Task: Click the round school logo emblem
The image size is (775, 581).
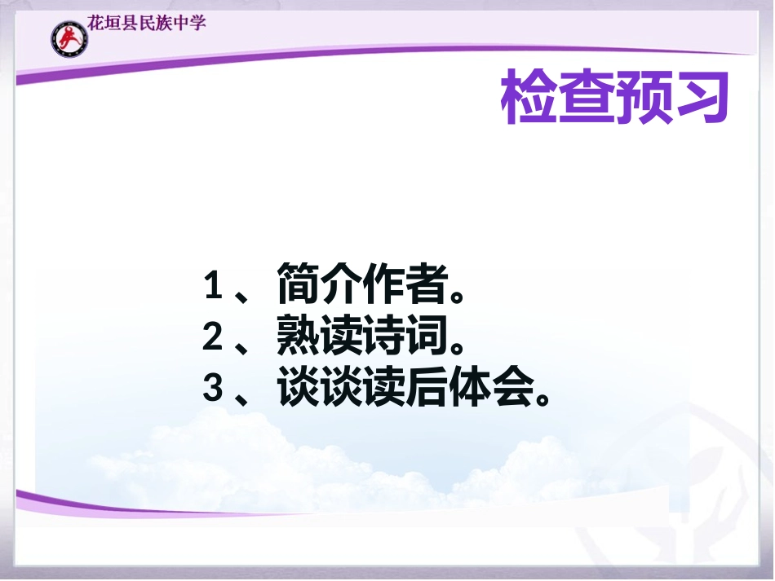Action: click(68, 37)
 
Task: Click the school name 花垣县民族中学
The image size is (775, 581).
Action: click(147, 22)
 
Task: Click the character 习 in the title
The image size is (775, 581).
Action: click(699, 98)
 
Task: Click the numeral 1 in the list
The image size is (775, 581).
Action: click(213, 287)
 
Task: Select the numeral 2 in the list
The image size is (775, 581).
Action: click(213, 337)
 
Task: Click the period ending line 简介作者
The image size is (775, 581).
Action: click(460, 293)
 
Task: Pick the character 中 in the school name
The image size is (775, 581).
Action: click(180, 22)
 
